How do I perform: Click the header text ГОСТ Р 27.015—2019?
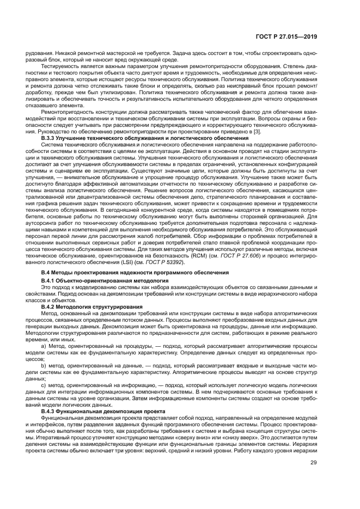[x=285, y=38]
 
